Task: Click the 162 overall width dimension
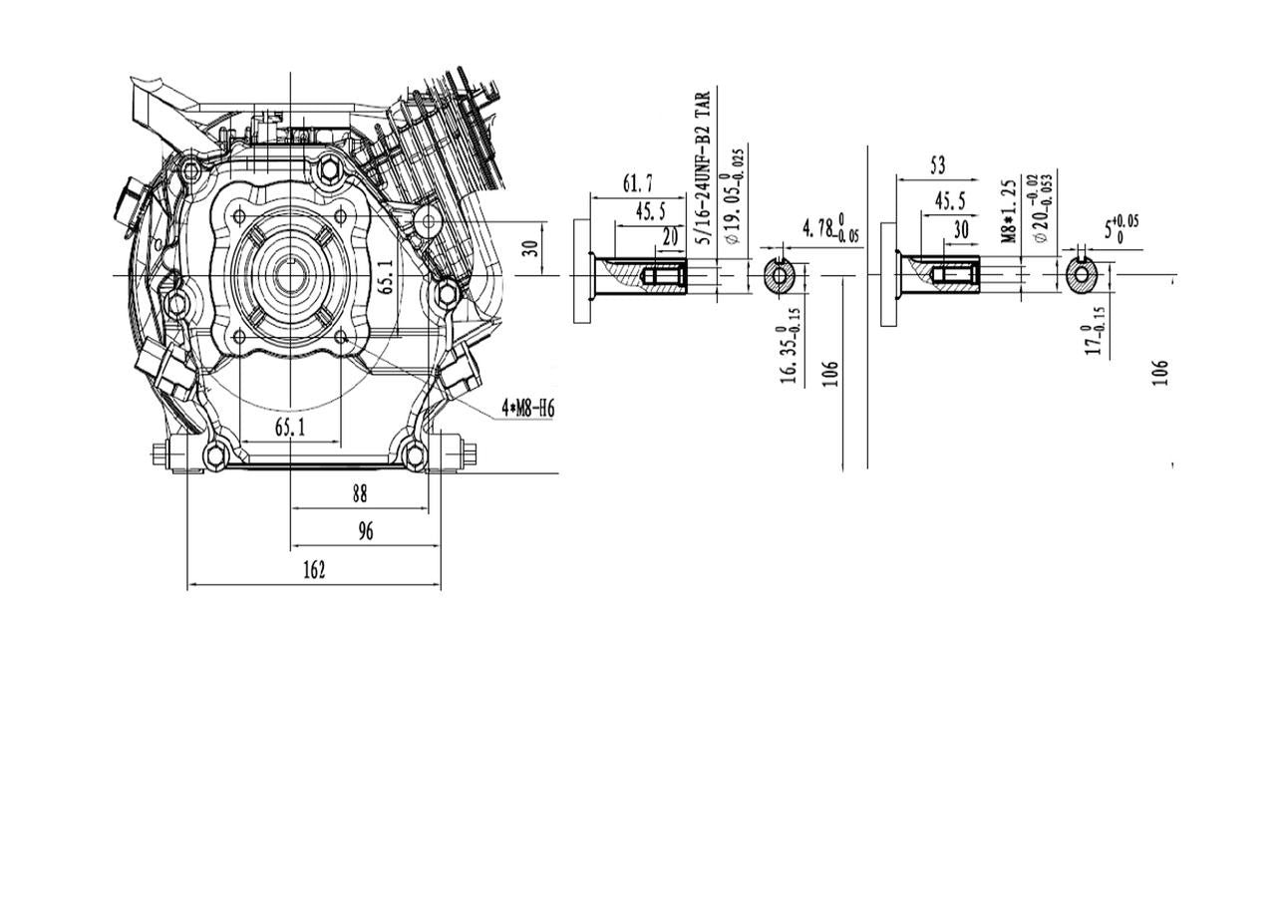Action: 313,570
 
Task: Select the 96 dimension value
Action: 365,531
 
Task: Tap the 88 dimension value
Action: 360,493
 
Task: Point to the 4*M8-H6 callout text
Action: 527,408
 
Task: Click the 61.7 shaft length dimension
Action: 638,183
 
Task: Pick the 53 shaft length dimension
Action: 937,165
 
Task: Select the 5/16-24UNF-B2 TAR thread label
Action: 703,167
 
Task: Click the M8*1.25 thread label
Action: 1009,210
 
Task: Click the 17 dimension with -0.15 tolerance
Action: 1095,331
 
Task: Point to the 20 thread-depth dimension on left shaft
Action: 669,237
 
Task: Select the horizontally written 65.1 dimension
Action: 289,428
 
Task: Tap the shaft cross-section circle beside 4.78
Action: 781,276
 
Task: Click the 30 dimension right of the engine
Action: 531,246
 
